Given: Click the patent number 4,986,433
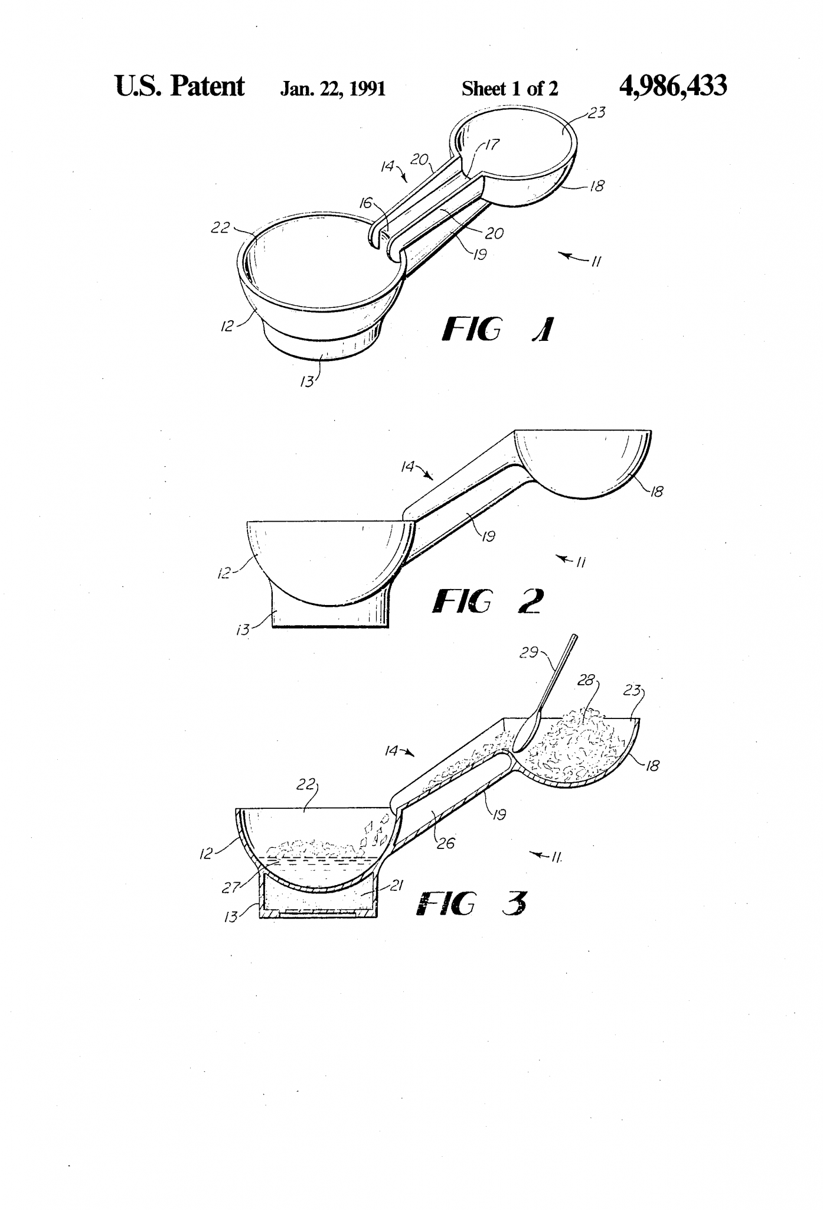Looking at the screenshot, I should pyautogui.click(x=672, y=87).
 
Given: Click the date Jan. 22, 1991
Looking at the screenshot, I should pyautogui.click(x=332, y=89).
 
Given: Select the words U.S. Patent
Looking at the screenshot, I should pyautogui.click(x=179, y=87).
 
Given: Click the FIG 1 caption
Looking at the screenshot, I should pyautogui.click(x=497, y=330).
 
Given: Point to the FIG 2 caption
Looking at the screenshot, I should pyautogui.click(x=487, y=601).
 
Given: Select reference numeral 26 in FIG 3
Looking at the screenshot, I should pyautogui.click(x=446, y=843).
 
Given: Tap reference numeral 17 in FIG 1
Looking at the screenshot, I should pyautogui.click(x=492, y=144).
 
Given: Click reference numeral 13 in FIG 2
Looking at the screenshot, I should pyautogui.click(x=243, y=630).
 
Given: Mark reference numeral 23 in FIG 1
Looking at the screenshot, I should pyautogui.click(x=597, y=113).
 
